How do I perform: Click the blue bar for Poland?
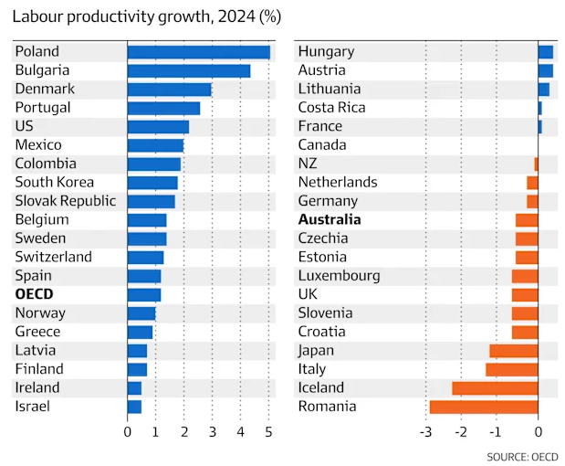[x=199, y=52]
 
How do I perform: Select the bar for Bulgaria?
[x=189, y=71]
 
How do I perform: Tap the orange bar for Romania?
[x=484, y=407]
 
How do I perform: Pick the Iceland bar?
[x=495, y=388]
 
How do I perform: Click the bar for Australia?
[x=527, y=220]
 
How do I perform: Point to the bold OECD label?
[x=35, y=294]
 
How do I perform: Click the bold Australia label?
[x=330, y=219]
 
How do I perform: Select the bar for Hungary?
[x=546, y=52]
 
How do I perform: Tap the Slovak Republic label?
[x=66, y=201]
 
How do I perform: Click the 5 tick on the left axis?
[x=268, y=431]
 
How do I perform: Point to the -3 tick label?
[x=425, y=431]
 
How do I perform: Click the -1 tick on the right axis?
[x=496, y=431]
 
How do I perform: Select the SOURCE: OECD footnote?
[x=522, y=457]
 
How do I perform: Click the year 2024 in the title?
[x=236, y=16]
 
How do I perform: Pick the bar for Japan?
[x=514, y=351]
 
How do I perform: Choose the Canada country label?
[x=322, y=145]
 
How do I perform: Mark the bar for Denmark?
[x=170, y=90]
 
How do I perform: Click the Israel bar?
[x=134, y=407]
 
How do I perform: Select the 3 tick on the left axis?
[x=213, y=431]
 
